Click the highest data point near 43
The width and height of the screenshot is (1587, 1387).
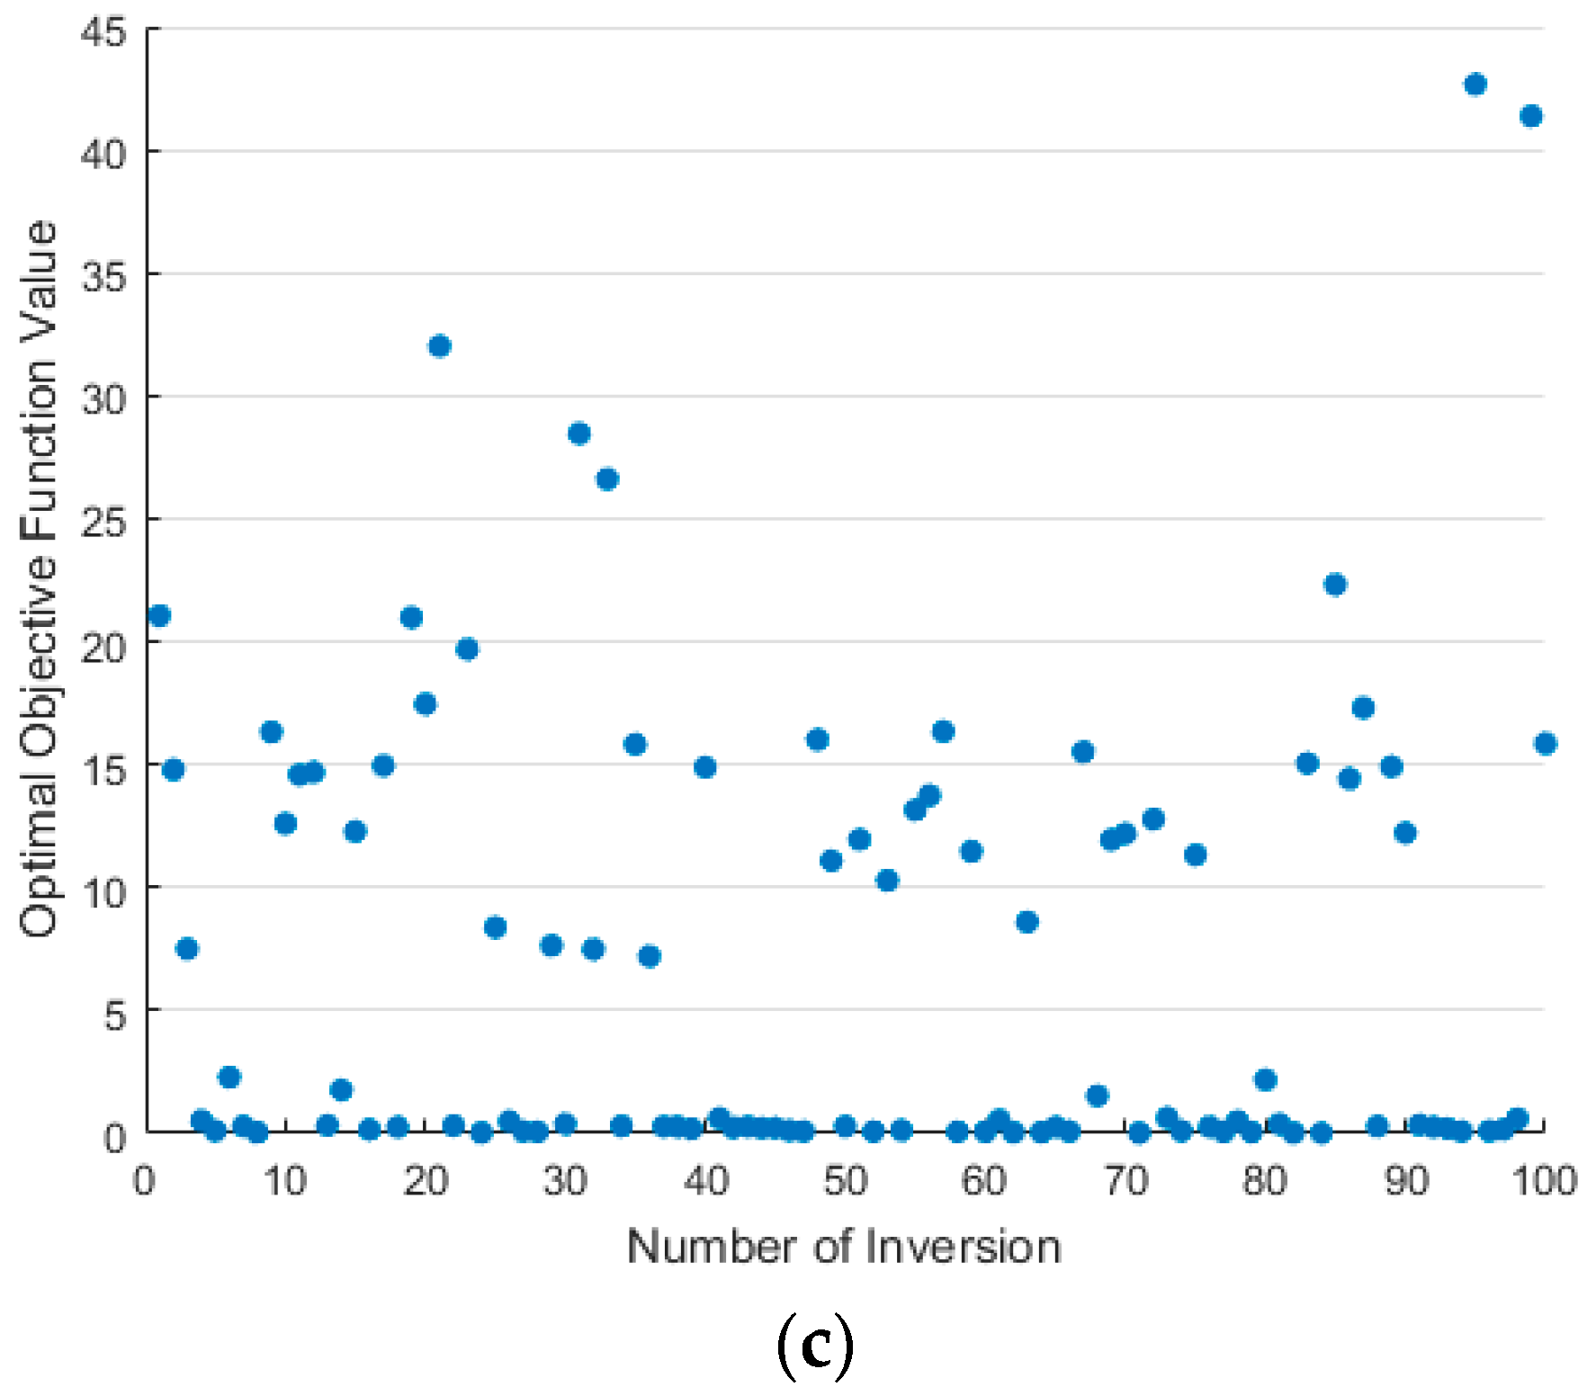(1475, 85)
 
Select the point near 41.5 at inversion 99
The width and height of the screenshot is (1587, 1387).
(1530, 116)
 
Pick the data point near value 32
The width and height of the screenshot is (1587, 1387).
(439, 346)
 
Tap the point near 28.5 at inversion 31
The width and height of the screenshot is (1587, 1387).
(578, 434)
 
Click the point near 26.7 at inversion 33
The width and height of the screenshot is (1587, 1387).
(607, 479)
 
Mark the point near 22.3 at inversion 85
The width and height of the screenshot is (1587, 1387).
(1335, 585)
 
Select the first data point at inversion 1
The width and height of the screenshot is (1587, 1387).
(159, 616)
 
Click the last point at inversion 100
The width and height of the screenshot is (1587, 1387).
(1546, 744)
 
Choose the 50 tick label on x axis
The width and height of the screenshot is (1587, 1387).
(845, 1180)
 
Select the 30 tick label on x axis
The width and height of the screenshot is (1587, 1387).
(565, 1180)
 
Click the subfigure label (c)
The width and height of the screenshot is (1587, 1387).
(814, 1345)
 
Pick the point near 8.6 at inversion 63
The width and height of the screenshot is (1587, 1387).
(1027, 922)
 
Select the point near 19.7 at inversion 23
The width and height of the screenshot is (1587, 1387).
(467, 649)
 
